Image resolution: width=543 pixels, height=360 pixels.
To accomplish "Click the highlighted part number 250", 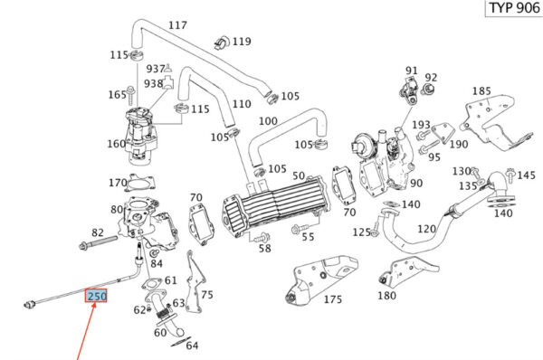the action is tap(96, 297).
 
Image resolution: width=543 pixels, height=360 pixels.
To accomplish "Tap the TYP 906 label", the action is tap(514, 7).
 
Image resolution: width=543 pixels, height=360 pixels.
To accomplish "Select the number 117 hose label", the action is tap(177, 25).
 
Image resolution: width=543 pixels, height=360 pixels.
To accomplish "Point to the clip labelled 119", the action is tap(222, 43).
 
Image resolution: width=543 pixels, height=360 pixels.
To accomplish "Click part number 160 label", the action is tap(117, 143).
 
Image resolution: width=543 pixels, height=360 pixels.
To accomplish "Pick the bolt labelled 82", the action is tap(98, 242).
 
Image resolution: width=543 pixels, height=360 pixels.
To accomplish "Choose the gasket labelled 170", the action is tap(140, 183).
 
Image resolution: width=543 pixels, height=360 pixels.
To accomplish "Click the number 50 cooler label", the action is tap(299, 175).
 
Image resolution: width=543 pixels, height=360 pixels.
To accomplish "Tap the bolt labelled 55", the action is tap(300, 229).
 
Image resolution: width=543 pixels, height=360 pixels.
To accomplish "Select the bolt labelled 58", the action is tap(262, 238).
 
